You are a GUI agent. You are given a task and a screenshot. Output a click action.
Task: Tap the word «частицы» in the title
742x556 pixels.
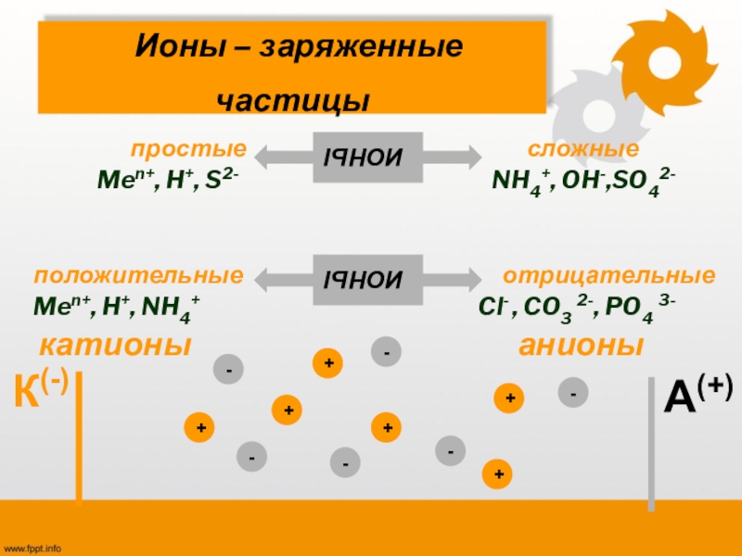tap(293, 100)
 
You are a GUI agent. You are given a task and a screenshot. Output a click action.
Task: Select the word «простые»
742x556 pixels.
tap(188, 148)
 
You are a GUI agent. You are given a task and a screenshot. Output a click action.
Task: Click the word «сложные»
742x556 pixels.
tap(583, 148)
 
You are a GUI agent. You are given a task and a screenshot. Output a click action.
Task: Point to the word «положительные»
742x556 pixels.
tap(139, 276)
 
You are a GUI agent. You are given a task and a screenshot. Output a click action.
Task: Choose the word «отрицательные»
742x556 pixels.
tap(608, 276)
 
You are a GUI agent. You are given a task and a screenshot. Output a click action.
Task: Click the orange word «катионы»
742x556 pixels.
tap(114, 346)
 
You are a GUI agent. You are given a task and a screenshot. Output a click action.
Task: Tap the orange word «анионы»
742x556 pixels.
tap(581, 346)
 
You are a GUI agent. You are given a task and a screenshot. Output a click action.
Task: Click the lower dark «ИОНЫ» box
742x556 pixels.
tap(363, 278)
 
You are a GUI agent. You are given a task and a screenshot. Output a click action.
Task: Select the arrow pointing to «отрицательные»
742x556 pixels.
tap(452, 278)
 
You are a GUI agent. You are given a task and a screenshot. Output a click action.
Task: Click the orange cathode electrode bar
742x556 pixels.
tap(81, 436)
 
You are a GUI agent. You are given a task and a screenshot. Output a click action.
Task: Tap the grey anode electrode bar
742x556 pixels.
tap(651, 443)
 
